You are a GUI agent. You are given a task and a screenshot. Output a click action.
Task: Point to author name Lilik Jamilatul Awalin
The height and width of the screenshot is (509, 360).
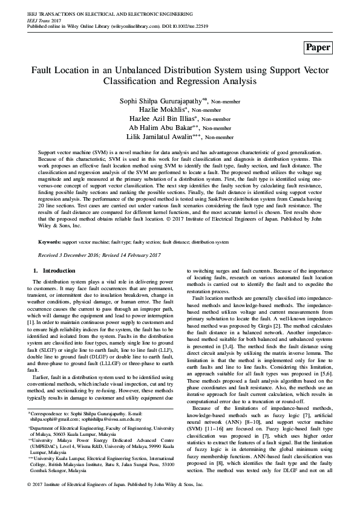tap(159, 137)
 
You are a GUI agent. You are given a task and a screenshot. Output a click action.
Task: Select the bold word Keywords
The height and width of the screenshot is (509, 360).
tap(49, 241)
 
